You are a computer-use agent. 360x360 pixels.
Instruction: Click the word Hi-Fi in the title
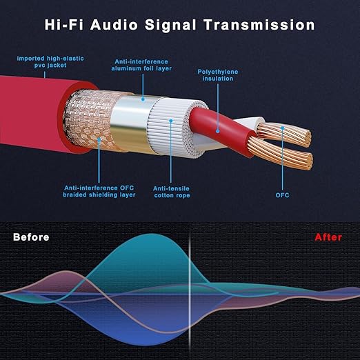pyautogui.click(x=65, y=25)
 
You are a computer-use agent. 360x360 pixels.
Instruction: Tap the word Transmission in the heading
pyautogui.click(x=259, y=25)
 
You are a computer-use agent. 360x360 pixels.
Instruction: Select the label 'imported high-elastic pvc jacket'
pyautogui.click(x=50, y=62)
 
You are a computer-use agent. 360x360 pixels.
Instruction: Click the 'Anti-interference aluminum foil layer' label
pyautogui.click(x=141, y=65)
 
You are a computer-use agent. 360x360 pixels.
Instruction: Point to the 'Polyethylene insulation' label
pyautogui.click(x=218, y=75)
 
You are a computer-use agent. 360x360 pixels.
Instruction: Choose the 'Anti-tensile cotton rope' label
pyautogui.click(x=172, y=192)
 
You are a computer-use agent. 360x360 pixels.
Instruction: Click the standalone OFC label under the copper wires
pyautogui.click(x=283, y=195)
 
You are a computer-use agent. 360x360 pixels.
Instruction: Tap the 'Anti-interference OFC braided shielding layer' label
pyautogui.click(x=99, y=192)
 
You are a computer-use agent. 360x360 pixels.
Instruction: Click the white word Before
pyautogui.click(x=31, y=237)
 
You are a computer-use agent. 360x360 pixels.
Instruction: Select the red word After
pyautogui.click(x=328, y=237)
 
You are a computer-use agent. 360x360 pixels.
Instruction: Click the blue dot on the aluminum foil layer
pyautogui.click(x=143, y=99)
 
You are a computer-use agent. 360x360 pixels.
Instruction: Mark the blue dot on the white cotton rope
pyautogui.click(x=171, y=121)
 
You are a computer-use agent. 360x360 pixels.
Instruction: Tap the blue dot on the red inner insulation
pyautogui.click(x=217, y=131)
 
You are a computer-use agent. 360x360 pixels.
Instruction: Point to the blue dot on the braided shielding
pyautogui.click(x=99, y=139)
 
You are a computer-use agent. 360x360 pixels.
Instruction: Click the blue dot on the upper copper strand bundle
pyautogui.click(x=283, y=128)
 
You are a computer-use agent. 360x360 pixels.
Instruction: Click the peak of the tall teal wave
pyautogui.click(x=150, y=234)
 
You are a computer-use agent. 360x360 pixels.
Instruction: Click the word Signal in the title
pyautogui.click(x=170, y=25)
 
